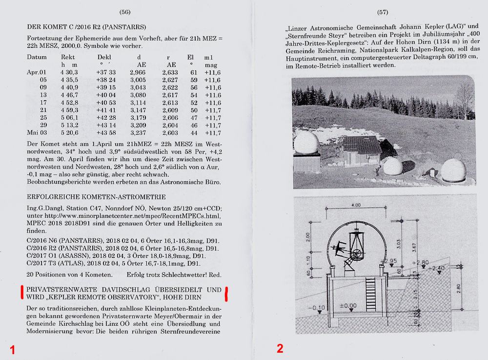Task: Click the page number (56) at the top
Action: pos(125,11)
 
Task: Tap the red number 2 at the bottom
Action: pos(280,348)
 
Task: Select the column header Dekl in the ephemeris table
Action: pos(104,57)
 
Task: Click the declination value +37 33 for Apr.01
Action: pos(106,73)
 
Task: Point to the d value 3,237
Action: pos(138,133)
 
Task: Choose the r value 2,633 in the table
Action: pos(170,73)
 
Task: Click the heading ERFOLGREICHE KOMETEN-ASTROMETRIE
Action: pos(96,197)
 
